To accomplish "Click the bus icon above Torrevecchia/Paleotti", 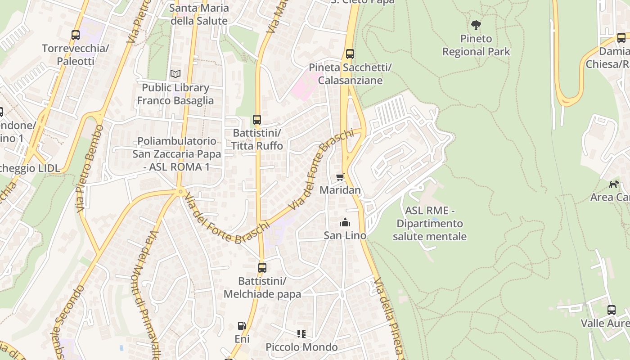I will tap(76, 35).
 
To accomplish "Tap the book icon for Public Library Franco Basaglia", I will tap(175, 74).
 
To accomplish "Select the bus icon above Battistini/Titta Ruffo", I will tap(257, 120).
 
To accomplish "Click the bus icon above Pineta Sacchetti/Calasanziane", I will tap(350, 54).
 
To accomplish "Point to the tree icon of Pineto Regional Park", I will tap(476, 25).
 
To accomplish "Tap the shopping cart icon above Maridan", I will tap(340, 177).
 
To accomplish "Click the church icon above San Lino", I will tap(345, 222).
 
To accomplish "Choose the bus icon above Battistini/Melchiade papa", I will tap(262, 268).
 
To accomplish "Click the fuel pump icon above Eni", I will tap(242, 325).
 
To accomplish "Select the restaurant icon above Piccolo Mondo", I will tap(301, 334).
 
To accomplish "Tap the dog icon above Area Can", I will tap(614, 184).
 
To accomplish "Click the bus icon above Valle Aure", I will tap(611, 310).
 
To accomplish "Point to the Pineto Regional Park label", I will tap(476, 45).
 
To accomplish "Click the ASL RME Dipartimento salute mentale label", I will tap(429, 223).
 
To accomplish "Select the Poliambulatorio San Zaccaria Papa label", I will tap(177, 154).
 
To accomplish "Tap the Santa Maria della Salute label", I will tap(199, 14).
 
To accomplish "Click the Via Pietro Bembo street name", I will tap(90, 168).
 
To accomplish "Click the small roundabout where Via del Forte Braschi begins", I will tap(180, 192).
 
